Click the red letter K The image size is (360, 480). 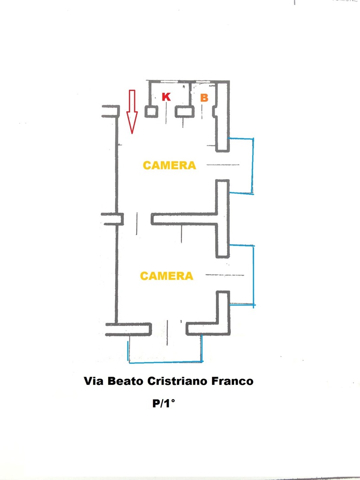(x=166, y=97)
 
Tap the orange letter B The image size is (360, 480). (x=204, y=98)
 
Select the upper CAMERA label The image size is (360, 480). (x=169, y=165)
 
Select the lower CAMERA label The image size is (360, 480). (x=166, y=276)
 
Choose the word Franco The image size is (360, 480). (x=232, y=381)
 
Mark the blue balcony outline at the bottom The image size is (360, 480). (x=165, y=363)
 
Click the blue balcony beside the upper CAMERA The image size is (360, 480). (x=252, y=165)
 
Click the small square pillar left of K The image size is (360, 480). (x=151, y=112)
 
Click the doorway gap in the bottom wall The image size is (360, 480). (x=169, y=329)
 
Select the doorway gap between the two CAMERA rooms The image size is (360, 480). (x=137, y=219)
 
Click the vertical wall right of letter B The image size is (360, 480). (x=222, y=117)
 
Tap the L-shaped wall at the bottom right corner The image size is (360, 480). (x=222, y=320)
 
